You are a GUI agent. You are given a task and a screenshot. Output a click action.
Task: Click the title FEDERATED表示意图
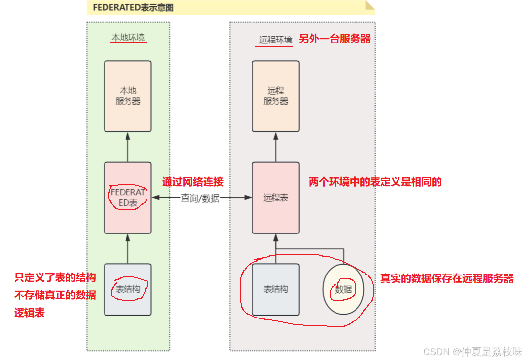click(x=133, y=8)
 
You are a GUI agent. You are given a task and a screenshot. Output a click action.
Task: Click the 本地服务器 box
click(x=127, y=96)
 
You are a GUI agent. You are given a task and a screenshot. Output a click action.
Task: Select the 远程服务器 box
click(x=275, y=96)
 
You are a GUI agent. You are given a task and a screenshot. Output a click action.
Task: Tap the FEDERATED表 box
click(x=127, y=198)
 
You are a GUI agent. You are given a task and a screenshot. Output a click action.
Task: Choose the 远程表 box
click(x=275, y=198)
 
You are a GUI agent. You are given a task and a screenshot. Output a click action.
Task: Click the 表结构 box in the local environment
click(x=127, y=289)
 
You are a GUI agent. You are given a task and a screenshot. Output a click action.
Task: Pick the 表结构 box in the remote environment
click(x=275, y=289)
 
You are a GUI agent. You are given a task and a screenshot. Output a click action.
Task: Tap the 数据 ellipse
click(x=344, y=289)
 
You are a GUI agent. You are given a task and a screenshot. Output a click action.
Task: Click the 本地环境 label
click(x=128, y=38)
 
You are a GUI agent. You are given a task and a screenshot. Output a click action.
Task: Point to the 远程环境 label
click(x=275, y=40)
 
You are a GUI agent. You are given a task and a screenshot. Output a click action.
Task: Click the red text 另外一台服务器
click(x=335, y=39)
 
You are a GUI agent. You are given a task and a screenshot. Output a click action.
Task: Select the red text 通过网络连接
click(x=193, y=182)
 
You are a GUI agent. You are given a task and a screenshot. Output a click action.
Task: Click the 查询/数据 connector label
click(x=200, y=198)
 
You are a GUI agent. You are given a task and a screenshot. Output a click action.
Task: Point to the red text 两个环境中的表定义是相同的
click(x=375, y=182)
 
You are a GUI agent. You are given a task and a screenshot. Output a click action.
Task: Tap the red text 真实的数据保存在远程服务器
click(x=447, y=278)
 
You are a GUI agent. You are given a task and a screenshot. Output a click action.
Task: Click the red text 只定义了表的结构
click(x=55, y=278)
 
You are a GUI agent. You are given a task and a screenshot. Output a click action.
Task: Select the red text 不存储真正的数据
click(x=55, y=295)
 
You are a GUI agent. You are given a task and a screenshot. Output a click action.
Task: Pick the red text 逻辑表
click(x=30, y=313)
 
